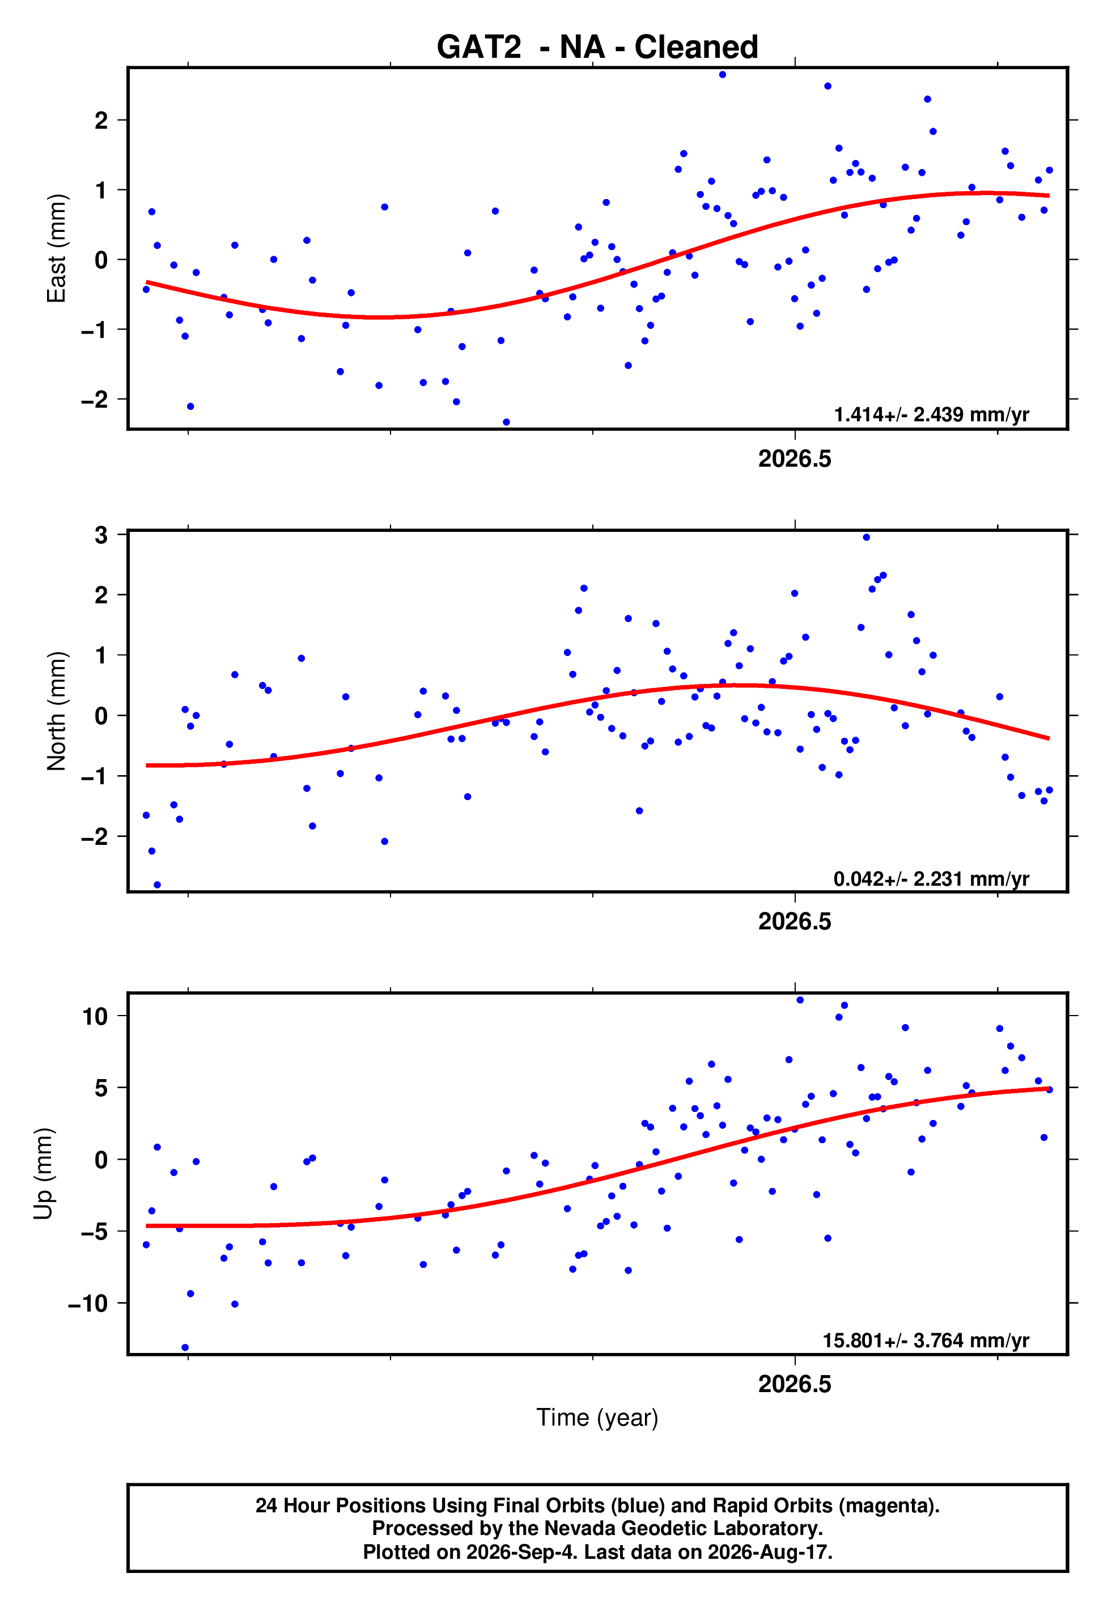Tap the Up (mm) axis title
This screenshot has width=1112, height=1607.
pyautogui.click(x=43, y=1174)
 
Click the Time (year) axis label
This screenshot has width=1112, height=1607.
pyautogui.click(x=597, y=1418)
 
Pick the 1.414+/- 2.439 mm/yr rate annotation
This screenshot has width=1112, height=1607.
pyautogui.click(x=932, y=415)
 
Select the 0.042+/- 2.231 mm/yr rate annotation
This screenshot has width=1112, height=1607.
pyautogui.click(x=932, y=879)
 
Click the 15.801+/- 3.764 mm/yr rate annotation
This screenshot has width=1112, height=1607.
pyautogui.click(x=926, y=1340)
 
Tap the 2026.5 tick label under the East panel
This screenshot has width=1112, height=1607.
pyautogui.click(x=795, y=459)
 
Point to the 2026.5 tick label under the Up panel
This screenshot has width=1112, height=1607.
pyautogui.click(x=795, y=1384)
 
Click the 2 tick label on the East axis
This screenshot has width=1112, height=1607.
pyautogui.click(x=101, y=121)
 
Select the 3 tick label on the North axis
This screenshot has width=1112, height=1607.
pyautogui.click(x=101, y=535)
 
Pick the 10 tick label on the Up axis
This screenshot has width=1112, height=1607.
pyautogui.click(x=95, y=1016)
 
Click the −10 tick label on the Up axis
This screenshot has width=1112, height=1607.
pyautogui.click(x=88, y=1303)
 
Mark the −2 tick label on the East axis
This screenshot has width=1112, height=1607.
pyautogui.click(x=95, y=399)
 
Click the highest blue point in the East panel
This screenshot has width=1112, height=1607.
pyautogui.click(x=723, y=74)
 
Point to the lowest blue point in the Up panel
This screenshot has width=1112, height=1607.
pyautogui.click(x=185, y=1348)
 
